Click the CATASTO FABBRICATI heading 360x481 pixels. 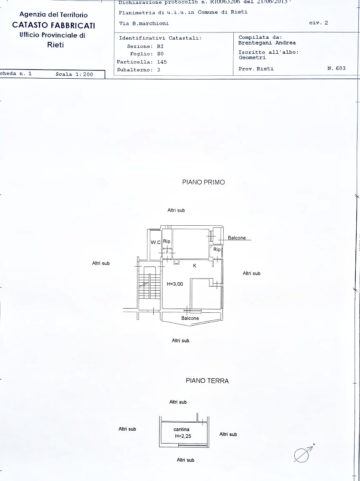[x=54, y=25]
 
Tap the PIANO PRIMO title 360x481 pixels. [x=203, y=182]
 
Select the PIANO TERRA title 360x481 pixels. [x=207, y=381]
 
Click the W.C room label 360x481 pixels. [x=156, y=242]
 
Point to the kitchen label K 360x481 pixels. [x=195, y=266]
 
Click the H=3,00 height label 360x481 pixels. [x=175, y=284]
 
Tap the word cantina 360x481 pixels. [x=181, y=429]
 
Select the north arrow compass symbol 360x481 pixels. [x=303, y=454]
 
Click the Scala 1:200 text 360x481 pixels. [x=74, y=75]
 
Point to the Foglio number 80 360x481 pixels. [x=160, y=54]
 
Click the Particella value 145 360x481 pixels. [x=162, y=62]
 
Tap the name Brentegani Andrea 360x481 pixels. [x=267, y=43]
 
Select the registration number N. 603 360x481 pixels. [x=336, y=68]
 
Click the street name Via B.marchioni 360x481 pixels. [x=144, y=24]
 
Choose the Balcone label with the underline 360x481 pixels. [x=237, y=238]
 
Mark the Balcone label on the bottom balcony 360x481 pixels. [x=190, y=318]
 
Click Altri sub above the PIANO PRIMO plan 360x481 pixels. [x=176, y=210]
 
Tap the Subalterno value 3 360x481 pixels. [x=159, y=70]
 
